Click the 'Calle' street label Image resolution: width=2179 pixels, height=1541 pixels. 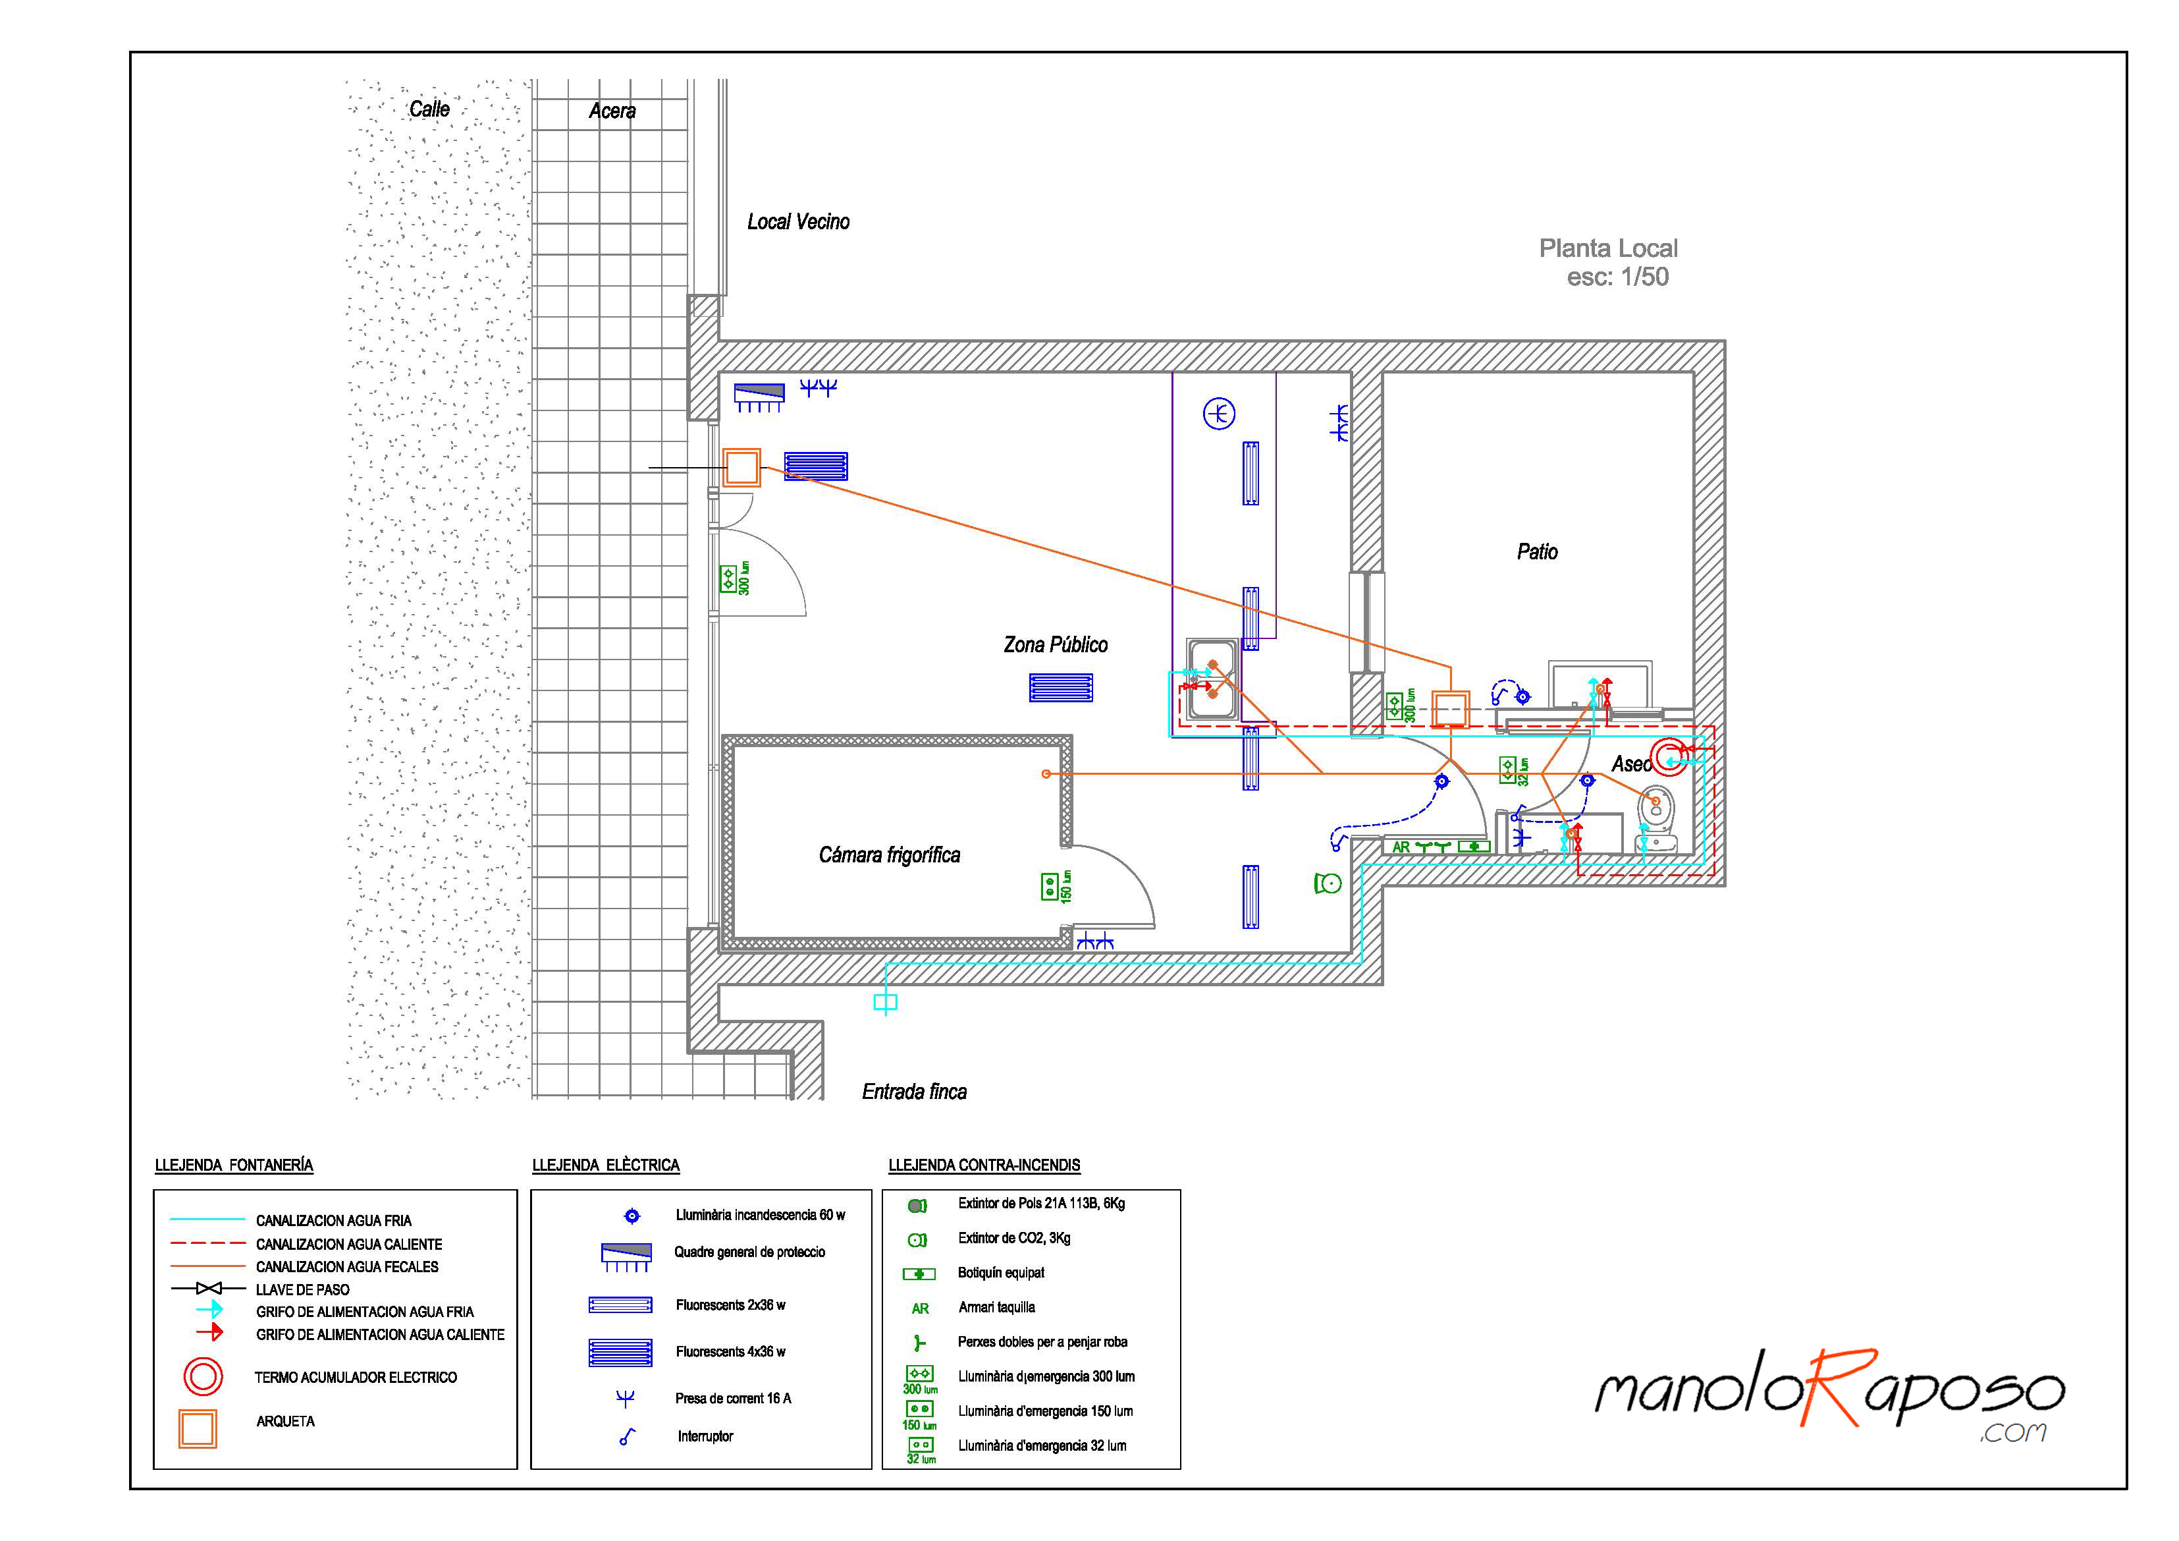(x=429, y=109)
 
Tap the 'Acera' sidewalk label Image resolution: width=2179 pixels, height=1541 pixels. (x=612, y=111)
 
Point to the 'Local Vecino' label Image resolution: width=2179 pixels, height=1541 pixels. (x=798, y=222)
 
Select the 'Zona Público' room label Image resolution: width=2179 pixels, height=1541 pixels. (x=1056, y=645)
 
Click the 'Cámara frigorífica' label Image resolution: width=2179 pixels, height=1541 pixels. (x=889, y=855)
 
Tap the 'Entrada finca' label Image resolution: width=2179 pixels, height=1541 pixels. (x=914, y=1092)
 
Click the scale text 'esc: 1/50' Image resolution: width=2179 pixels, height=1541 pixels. (x=1617, y=277)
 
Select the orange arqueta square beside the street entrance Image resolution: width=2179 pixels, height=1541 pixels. (x=741, y=468)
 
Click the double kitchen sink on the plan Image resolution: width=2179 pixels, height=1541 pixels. (x=1212, y=679)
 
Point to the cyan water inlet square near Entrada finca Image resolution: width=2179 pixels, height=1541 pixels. (x=884, y=1001)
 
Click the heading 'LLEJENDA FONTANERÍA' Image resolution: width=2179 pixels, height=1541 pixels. (x=234, y=1165)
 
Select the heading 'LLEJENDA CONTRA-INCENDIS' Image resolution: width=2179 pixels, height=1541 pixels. (x=984, y=1165)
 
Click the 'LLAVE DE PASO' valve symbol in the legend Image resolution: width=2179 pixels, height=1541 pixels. (x=209, y=1289)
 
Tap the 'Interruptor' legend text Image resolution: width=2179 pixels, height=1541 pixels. (x=705, y=1436)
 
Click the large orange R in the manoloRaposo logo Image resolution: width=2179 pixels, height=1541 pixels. (x=1832, y=1387)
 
